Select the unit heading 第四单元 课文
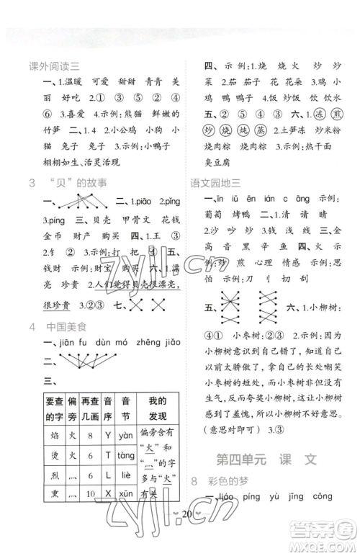266,459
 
